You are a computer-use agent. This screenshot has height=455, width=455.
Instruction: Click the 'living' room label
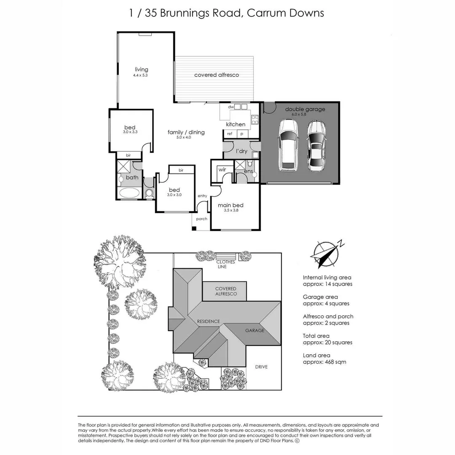(x=141, y=70)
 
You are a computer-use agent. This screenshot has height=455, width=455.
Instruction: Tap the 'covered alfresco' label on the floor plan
(x=216, y=75)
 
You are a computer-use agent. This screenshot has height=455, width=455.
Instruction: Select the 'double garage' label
(x=305, y=109)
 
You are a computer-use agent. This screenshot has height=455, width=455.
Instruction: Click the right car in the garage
(x=316, y=145)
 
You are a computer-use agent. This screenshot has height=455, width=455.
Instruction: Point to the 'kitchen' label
(x=236, y=124)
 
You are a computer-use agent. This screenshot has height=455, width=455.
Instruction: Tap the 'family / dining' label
(x=186, y=132)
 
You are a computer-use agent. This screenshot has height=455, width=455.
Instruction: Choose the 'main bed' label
(x=230, y=206)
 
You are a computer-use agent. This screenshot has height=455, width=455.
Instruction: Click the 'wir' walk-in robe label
(x=222, y=170)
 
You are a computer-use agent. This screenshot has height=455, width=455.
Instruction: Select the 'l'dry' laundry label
(x=241, y=151)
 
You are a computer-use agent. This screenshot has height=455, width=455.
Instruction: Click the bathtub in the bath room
(x=129, y=193)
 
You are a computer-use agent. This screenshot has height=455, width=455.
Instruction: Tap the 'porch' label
(x=202, y=219)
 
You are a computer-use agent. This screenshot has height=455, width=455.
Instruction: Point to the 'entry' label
(x=202, y=196)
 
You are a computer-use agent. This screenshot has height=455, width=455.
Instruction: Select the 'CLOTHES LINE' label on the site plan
(x=226, y=264)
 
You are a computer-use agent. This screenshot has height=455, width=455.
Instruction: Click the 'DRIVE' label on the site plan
(x=261, y=367)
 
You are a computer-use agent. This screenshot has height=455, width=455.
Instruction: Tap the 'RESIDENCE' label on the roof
(x=209, y=321)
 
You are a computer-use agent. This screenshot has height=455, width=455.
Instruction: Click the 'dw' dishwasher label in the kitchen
(x=230, y=107)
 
